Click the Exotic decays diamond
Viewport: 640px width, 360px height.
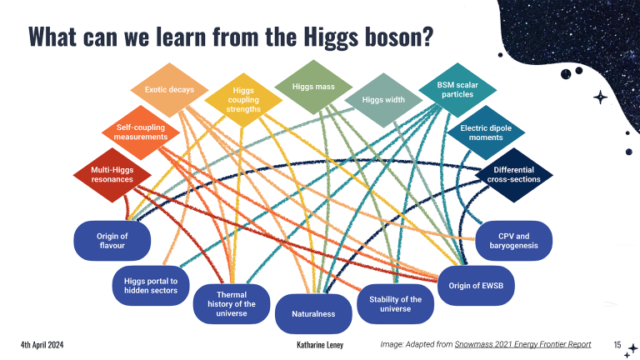click(169, 90)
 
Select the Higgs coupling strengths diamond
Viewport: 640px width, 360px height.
click(243, 100)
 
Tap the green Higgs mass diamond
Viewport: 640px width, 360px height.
click(313, 87)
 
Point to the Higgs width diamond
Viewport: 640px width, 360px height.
click(383, 100)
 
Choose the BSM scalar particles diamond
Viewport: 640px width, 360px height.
click(457, 90)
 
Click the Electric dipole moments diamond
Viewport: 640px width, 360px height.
click(486, 132)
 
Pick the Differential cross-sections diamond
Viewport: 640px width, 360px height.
click(514, 175)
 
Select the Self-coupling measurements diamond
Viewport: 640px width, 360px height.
click(141, 132)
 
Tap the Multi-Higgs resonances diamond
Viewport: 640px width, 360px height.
click(112, 175)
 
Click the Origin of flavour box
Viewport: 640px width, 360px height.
click(112, 241)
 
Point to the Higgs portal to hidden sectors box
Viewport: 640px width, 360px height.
click(151, 286)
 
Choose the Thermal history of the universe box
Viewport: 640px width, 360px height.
click(232, 304)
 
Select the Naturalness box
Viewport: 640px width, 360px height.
click(313, 314)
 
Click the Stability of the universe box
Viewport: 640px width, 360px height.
click(396, 304)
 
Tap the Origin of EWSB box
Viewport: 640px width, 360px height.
click(476, 286)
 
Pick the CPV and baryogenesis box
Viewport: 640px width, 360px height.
click(514, 241)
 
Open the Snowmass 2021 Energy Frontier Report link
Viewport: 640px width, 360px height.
click(522, 344)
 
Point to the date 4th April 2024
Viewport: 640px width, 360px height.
click(42, 345)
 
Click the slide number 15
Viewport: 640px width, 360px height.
click(617, 345)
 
